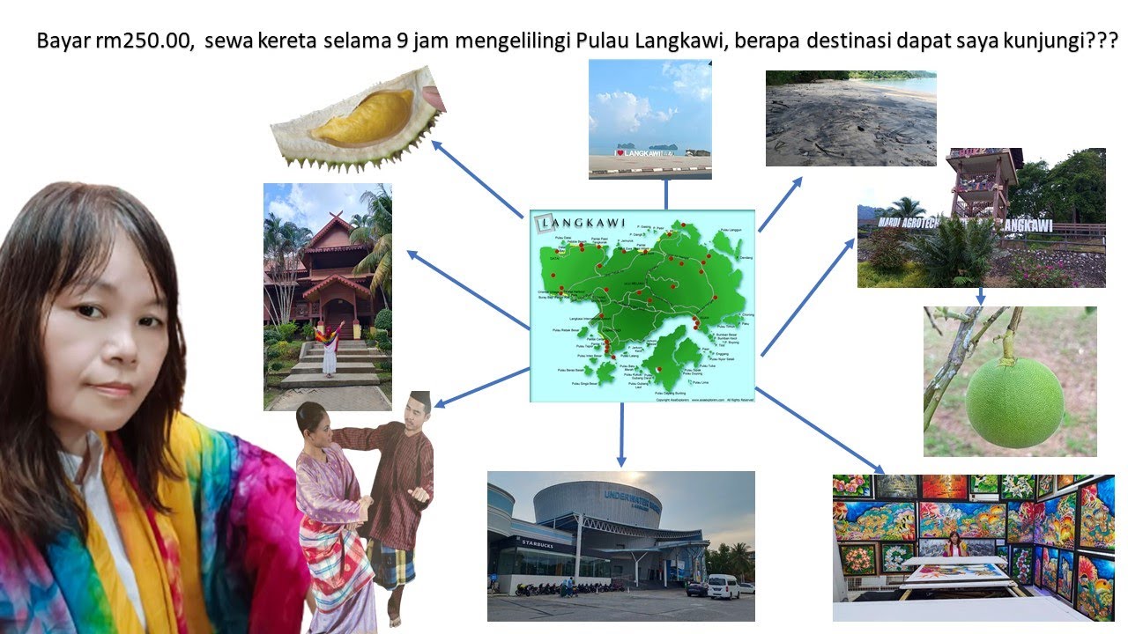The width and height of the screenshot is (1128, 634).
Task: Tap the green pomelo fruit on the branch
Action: pos(1014,402)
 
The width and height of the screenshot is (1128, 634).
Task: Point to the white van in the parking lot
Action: pos(724,586)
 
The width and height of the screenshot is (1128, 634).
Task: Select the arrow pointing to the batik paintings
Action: pos(820,431)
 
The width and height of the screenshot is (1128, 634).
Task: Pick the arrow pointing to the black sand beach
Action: pos(781,203)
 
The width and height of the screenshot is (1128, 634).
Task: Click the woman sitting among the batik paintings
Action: pos(953,546)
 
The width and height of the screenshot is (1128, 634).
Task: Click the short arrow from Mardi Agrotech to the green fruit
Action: pos(980,296)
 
